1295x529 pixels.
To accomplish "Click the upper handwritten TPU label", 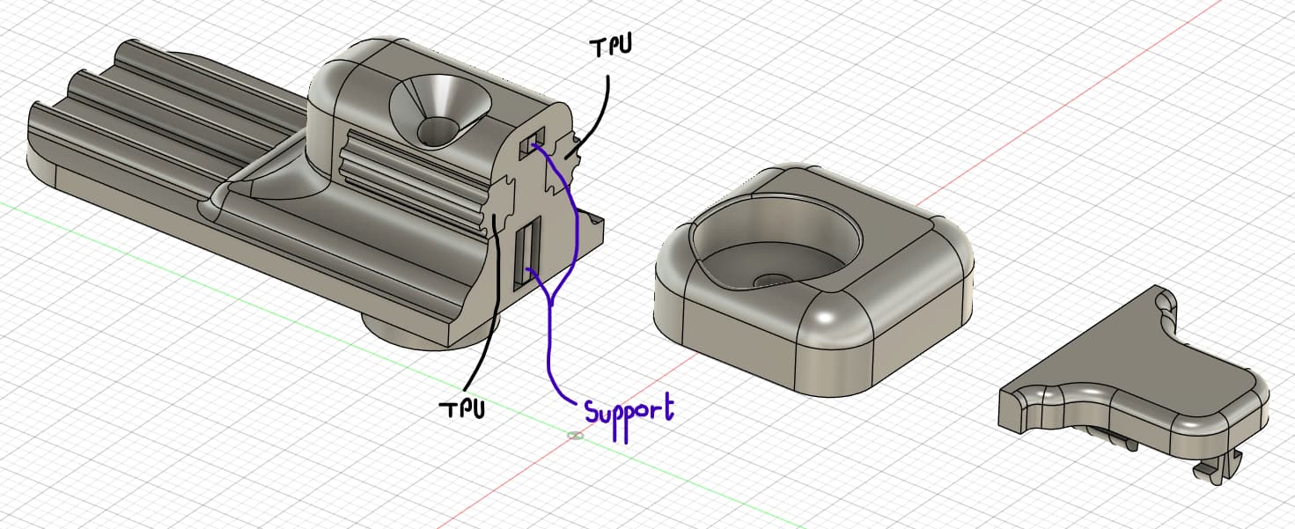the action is pos(610,47).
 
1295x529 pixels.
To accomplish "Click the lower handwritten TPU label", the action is pos(462,408).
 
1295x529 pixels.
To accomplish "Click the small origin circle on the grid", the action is pos(575,435).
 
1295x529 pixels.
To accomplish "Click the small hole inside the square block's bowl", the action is pos(772,281).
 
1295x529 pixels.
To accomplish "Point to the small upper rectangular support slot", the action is pos(531,143).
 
